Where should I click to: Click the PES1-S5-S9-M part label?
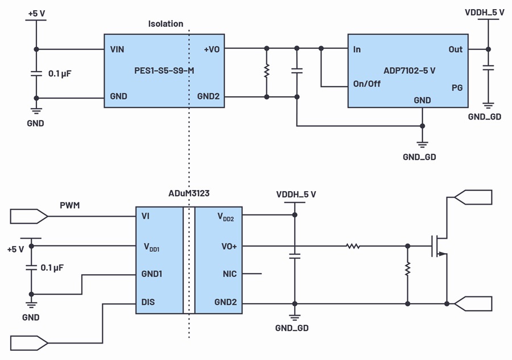[164, 71]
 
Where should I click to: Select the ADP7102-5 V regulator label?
[410, 71]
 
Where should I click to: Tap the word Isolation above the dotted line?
[166, 24]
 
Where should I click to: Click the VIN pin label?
[117, 49]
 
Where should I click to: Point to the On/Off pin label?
[367, 84]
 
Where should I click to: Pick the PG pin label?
[457, 88]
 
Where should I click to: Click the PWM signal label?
[70, 205]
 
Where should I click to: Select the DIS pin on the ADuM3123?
[148, 302]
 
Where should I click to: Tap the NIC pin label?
[230, 274]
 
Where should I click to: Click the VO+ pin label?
[229, 246]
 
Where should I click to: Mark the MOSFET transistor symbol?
[439, 246]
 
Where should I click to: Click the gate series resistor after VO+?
[353, 246]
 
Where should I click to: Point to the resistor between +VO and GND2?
[267, 71]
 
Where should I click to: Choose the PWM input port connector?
[29, 216]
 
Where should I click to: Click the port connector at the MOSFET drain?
[473, 197]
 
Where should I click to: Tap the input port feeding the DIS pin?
[29, 344]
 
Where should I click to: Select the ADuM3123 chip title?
[189, 193]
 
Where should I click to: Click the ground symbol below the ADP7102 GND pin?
[422, 144]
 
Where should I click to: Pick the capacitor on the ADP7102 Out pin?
[488, 68]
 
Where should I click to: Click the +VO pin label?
[212, 49]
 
